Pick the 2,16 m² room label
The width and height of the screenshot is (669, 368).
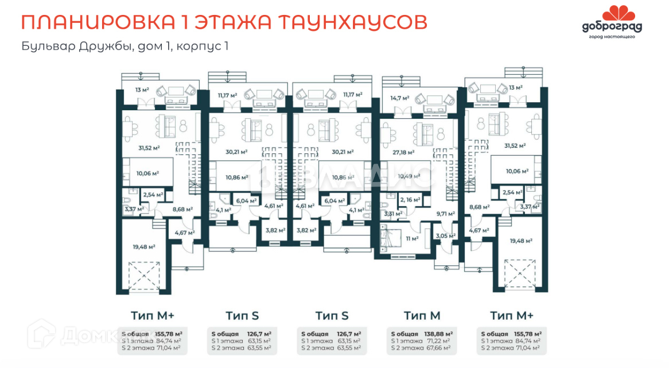coord(409,200)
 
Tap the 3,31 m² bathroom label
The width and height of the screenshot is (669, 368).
coord(392,213)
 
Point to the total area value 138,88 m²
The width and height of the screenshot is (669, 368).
coord(436,334)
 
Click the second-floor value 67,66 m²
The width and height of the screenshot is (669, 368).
coord(435,347)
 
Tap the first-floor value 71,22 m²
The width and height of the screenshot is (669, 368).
coord(435,340)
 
